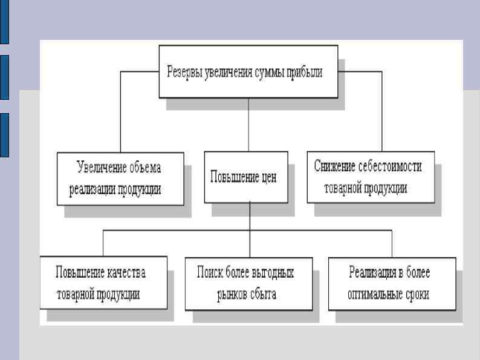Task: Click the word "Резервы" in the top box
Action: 186,72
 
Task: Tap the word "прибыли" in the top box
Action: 302,72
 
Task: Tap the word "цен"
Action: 266,178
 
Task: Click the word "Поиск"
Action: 210,272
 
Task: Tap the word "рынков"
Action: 233,295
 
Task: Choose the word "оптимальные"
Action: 376,295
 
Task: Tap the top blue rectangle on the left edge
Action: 4,22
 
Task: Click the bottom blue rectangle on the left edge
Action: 4,134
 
